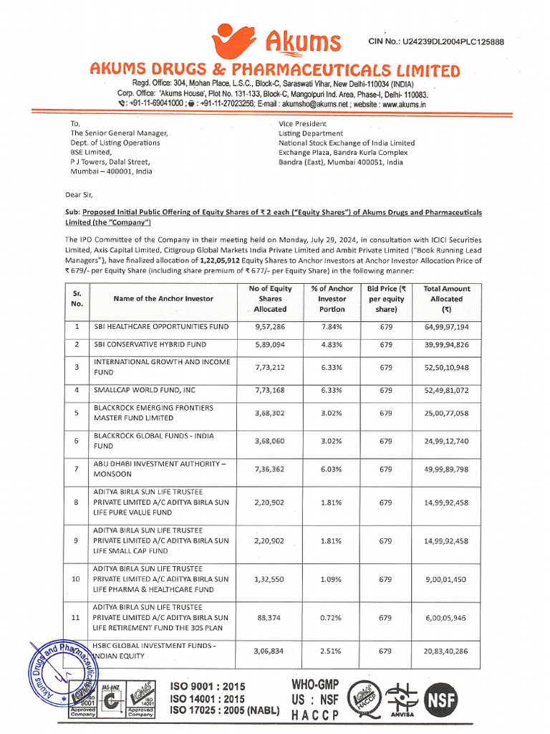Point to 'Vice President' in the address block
[x=304, y=123]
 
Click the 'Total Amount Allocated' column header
[x=446, y=299]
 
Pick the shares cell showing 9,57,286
[x=270, y=327]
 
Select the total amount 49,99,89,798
[x=446, y=470]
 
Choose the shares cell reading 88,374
[x=270, y=617]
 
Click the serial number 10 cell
[x=76, y=578]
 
